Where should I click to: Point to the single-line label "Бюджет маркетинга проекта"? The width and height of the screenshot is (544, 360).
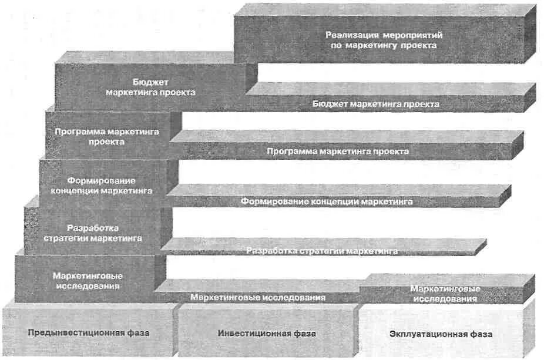click(x=375, y=105)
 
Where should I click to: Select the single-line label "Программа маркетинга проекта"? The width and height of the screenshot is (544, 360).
click(x=337, y=152)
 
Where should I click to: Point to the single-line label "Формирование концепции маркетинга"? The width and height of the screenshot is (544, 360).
click(x=326, y=201)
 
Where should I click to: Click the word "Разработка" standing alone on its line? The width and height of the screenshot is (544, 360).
click(x=93, y=228)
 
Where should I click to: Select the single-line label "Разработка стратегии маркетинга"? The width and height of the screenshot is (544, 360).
click(x=322, y=251)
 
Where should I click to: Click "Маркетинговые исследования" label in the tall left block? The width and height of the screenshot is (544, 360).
click(x=88, y=281)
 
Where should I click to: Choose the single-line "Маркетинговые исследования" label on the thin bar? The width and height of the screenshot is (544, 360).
click(x=257, y=297)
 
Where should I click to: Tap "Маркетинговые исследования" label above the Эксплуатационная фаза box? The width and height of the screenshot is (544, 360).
click(x=445, y=294)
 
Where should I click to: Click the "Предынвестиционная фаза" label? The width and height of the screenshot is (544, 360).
click(x=88, y=333)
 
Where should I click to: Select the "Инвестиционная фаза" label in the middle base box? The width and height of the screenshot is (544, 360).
click(x=267, y=334)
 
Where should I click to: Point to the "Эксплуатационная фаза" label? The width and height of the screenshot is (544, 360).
click(x=441, y=334)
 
